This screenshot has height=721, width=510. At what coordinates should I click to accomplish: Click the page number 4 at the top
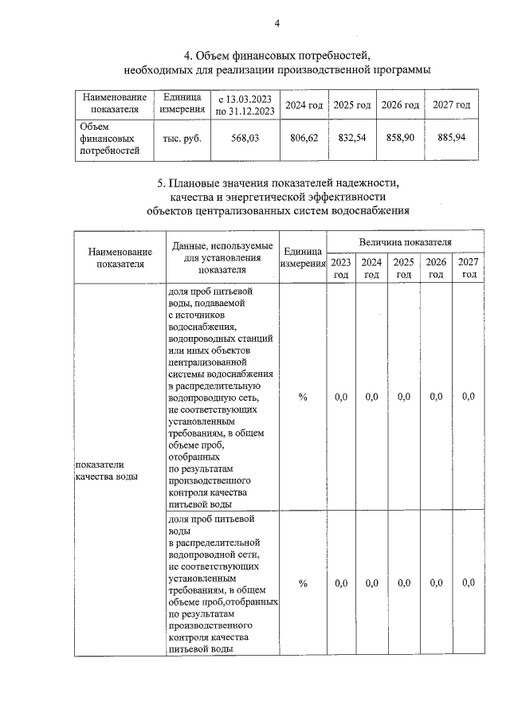(x=277, y=23)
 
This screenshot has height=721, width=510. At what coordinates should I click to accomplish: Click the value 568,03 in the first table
(x=245, y=138)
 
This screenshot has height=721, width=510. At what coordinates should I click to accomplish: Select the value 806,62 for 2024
(x=304, y=138)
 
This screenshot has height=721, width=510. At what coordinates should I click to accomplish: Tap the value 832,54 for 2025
(x=352, y=138)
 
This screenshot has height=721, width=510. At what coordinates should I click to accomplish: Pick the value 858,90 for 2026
(x=400, y=138)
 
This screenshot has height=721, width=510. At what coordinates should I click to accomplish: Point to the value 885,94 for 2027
(x=452, y=138)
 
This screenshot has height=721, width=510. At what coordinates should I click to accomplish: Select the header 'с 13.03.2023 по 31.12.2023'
(x=245, y=105)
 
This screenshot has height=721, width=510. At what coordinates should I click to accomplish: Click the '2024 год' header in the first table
(x=304, y=105)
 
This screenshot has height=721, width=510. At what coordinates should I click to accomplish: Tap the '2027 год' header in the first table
(x=452, y=105)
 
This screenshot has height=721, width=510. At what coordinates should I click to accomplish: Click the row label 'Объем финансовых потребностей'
(x=99, y=138)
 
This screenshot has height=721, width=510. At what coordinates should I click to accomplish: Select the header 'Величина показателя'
(x=404, y=241)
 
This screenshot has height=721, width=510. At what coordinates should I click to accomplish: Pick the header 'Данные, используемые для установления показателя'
(x=222, y=257)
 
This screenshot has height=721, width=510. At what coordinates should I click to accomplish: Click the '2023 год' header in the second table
(x=340, y=268)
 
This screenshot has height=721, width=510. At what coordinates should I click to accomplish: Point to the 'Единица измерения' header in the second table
(x=303, y=257)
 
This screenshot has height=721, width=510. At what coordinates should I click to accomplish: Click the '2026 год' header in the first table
(x=400, y=105)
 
